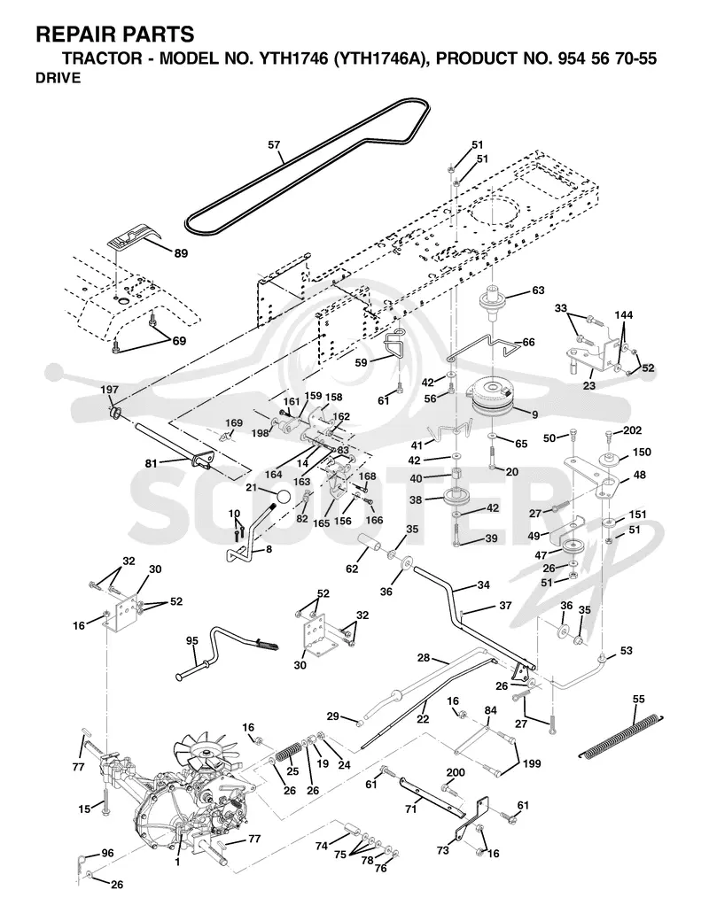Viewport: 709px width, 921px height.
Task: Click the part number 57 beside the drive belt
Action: (x=274, y=144)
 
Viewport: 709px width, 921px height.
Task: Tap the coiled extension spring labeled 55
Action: (x=622, y=736)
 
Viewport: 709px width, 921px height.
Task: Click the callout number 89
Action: (x=181, y=253)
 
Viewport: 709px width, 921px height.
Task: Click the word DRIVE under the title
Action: (x=58, y=78)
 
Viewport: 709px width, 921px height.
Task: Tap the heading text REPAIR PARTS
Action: (x=115, y=35)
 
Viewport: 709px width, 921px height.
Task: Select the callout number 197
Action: (x=109, y=390)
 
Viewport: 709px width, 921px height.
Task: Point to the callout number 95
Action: (x=192, y=641)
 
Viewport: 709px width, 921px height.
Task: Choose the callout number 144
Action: (x=624, y=315)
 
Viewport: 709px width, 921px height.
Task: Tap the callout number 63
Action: (x=538, y=290)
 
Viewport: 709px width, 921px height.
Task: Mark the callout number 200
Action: (x=455, y=772)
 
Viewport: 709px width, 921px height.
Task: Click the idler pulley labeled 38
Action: (x=454, y=497)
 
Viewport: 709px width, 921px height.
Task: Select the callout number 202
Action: (x=633, y=430)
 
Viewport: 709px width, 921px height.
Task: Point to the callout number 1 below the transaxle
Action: (x=177, y=863)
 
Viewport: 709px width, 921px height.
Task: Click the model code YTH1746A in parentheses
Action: (x=378, y=58)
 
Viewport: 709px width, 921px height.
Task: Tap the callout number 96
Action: (x=107, y=853)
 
